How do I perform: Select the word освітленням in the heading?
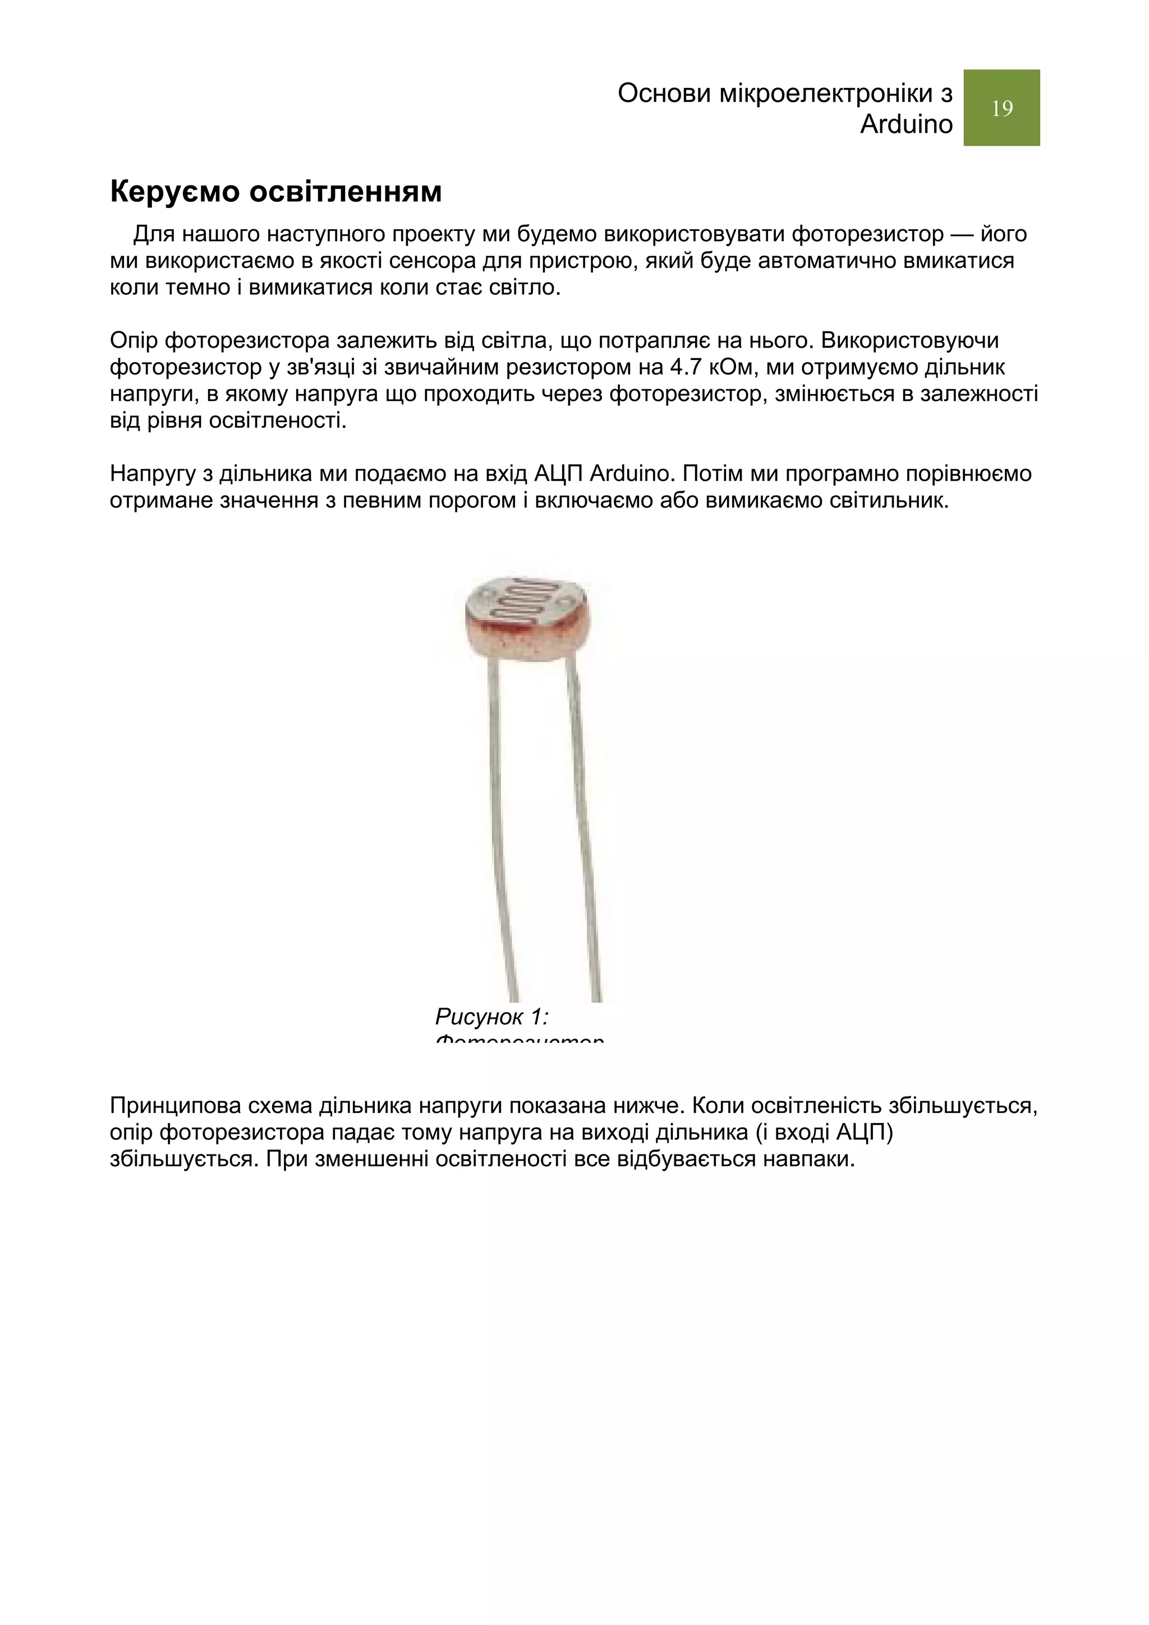[346, 192]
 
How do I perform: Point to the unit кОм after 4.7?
[733, 367]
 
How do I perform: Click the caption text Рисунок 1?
[492, 1017]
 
